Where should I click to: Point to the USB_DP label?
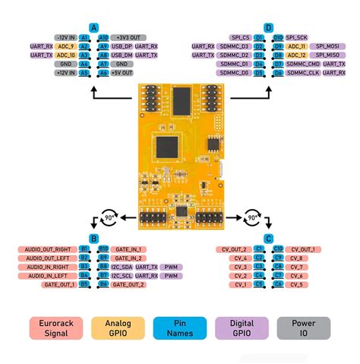122,46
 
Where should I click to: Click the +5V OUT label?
122,73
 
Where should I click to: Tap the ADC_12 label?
298,55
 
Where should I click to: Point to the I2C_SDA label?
122,267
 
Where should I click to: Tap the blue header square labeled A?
93,27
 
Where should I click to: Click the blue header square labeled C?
269,239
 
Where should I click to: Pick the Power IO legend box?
304,328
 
